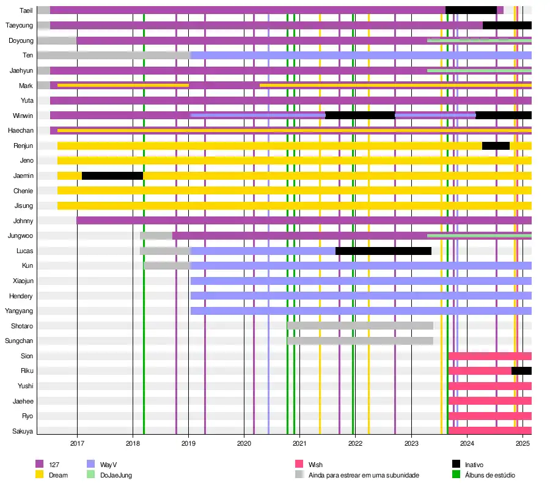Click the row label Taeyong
click(x=19, y=26)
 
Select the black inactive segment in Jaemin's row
click(x=112, y=175)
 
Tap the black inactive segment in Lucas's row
click(x=383, y=251)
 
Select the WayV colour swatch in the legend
click(x=91, y=465)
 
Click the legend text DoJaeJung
click(x=116, y=475)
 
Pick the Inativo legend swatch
click(x=456, y=465)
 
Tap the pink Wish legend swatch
click(x=299, y=465)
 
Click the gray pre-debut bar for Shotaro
click(x=360, y=326)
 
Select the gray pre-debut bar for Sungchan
click(x=360, y=341)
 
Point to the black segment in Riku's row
click(x=521, y=371)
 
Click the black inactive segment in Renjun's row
click(x=496, y=146)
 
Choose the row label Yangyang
click(x=19, y=311)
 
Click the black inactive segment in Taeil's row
click(x=471, y=10)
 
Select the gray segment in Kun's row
click(x=167, y=265)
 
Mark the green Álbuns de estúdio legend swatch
click(x=456, y=475)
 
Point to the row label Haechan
click(x=20, y=131)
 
